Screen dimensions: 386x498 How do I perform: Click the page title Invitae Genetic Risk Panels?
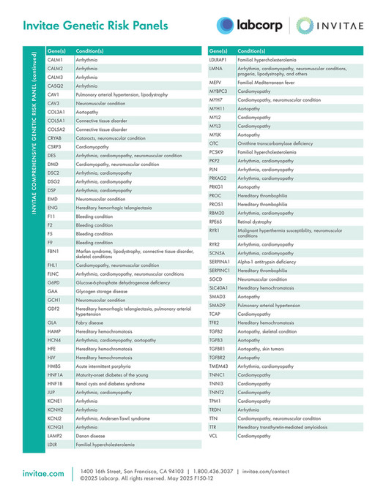(x=96, y=26)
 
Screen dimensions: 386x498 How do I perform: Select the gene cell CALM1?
(x=55, y=59)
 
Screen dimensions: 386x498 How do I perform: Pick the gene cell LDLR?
(x=53, y=445)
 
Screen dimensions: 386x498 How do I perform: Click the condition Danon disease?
(x=92, y=436)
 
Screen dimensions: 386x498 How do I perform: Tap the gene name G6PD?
(x=53, y=282)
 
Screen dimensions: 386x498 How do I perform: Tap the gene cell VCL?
(x=214, y=436)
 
